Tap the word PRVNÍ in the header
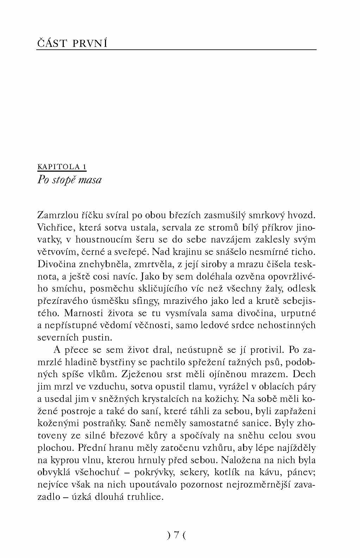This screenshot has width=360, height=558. (x=90, y=43)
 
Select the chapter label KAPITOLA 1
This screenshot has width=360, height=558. (x=62, y=167)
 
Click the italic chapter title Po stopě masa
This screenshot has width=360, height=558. (x=69, y=180)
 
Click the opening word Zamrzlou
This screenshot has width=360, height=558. (x=57, y=215)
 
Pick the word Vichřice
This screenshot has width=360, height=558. (x=53, y=227)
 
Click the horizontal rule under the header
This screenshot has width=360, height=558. (x=176, y=50)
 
